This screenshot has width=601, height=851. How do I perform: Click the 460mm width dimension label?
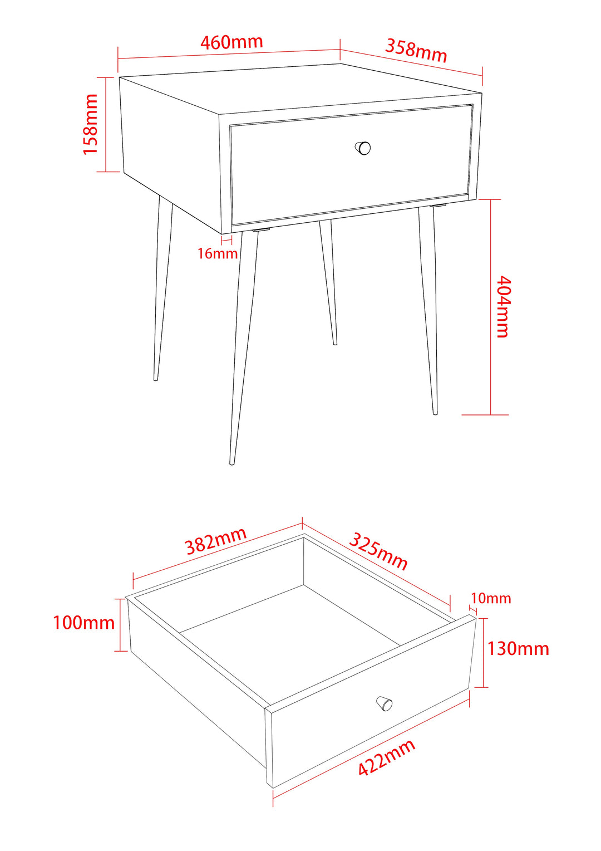231,42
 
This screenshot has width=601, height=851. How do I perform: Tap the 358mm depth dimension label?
416,50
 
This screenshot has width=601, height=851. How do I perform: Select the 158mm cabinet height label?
90,124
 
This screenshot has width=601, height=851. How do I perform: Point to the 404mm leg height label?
503,306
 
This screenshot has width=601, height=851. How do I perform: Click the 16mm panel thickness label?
218,253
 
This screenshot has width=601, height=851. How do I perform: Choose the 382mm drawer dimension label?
216,541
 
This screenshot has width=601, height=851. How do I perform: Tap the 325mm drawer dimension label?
378,551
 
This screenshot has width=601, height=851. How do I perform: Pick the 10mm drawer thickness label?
490,598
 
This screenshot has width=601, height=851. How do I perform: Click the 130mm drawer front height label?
518,649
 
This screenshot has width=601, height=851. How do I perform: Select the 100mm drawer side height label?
83,622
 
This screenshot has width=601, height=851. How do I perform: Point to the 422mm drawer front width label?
386,757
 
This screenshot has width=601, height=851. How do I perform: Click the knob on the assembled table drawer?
363,148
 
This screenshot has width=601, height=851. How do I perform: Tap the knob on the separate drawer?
385,703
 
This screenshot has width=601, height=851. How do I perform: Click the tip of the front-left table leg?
232,462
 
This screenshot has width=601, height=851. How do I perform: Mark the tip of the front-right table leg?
435,413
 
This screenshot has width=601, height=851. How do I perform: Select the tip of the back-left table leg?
156,379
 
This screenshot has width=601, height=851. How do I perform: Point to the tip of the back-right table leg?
335,343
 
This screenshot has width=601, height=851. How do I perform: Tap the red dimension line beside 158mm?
105,124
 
